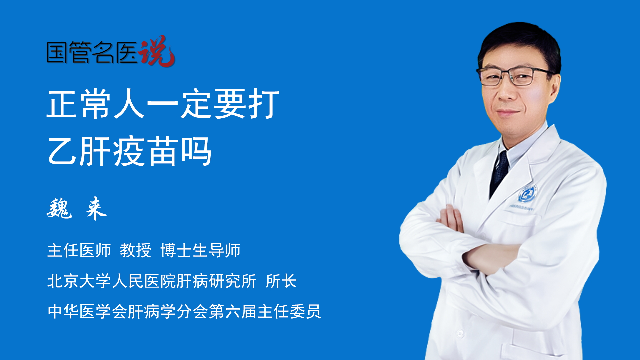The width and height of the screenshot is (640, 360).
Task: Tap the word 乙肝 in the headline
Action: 79,152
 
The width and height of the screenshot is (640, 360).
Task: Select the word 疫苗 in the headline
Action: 146,152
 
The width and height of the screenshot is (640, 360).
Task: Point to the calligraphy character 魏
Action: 59,208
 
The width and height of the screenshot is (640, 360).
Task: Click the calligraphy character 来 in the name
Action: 96,208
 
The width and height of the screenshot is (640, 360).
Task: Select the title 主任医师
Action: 79,250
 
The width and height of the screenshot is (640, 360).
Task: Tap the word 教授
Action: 136,250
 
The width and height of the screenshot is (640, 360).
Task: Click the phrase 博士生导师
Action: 200,250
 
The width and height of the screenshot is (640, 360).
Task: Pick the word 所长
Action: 281,281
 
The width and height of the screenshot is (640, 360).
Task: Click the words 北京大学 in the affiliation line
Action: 79,281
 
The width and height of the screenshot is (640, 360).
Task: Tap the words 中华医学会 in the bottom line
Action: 87,312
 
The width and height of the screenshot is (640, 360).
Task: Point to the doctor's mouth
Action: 508,112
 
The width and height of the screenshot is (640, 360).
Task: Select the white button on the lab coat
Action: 460,333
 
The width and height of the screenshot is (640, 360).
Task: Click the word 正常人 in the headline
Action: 96,104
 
